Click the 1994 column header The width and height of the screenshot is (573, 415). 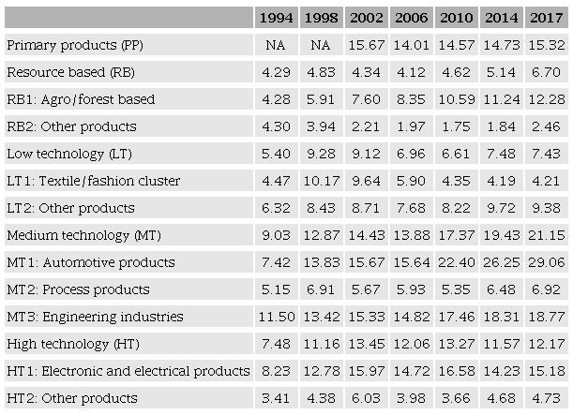pos(279,18)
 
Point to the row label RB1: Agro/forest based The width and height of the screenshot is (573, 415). pos(81,99)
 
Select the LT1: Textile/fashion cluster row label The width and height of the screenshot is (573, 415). pos(93,181)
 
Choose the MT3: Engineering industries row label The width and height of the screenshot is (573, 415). pos(95,317)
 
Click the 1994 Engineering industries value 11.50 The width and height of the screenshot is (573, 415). pos(279,317)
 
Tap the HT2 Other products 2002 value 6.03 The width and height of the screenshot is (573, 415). pos(368,398)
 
